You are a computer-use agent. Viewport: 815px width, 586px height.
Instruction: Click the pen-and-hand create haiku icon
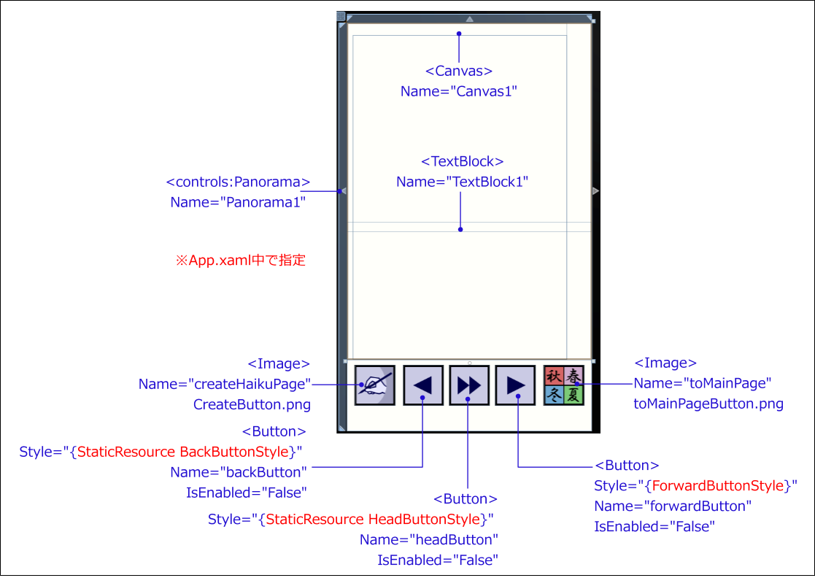(375, 385)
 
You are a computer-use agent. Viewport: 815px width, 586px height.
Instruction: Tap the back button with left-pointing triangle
(423, 385)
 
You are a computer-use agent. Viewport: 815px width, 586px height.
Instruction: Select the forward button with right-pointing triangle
(515, 385)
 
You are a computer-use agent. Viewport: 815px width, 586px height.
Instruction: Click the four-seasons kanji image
(564, 385)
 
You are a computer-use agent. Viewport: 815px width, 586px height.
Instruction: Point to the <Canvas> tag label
(459, 71)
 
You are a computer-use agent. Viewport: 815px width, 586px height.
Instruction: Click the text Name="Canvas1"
(459, 91)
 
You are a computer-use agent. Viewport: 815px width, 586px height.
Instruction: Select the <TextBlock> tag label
(462, 161)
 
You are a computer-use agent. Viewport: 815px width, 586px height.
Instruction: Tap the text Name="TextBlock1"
(462, 182)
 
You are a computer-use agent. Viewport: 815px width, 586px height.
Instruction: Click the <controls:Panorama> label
(238, 182)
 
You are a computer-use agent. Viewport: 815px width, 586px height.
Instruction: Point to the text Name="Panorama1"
(238, 202)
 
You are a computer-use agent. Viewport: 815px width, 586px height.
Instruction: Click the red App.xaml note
(241, 260)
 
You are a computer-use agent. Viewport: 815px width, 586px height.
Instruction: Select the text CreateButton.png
(252, 404)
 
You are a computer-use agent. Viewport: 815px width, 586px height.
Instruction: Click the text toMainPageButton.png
(708, 404)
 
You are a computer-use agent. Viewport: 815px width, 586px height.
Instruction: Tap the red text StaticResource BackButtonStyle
(182, 452)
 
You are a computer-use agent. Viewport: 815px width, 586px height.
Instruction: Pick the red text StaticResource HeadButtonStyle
(373, 520)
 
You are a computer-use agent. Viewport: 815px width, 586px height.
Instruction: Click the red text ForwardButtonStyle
(718, 485)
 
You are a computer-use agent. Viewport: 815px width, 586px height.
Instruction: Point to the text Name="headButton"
(429, 540)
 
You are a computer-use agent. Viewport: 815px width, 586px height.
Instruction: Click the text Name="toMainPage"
(702, 383)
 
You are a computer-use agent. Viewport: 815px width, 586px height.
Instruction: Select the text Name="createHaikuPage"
(225, 385)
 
